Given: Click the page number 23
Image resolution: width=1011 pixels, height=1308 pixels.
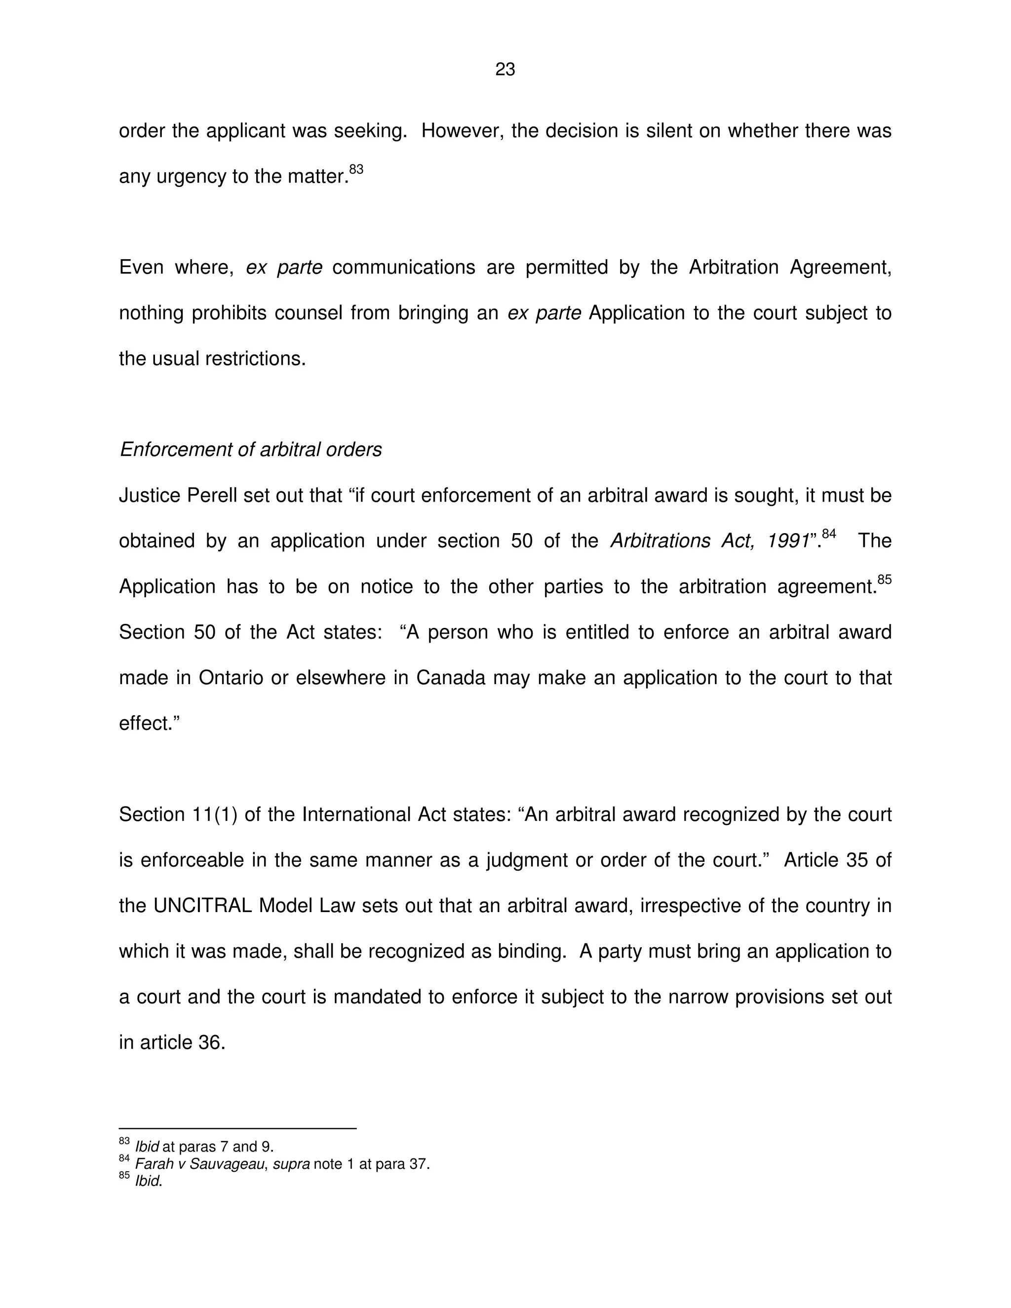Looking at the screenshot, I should coord(505,70).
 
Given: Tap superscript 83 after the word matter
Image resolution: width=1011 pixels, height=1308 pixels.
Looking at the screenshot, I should coord(356,169).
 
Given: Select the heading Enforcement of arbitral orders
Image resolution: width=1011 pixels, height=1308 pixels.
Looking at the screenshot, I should coord(250,449).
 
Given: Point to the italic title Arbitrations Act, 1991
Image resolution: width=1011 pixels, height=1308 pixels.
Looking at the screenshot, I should coord(710,541).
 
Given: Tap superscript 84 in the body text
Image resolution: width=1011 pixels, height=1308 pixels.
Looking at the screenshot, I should coord(829,534).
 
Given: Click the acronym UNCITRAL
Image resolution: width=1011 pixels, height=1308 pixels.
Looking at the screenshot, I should coord(202,906).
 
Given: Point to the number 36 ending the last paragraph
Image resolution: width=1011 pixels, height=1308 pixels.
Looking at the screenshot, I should coord(211,1042).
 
